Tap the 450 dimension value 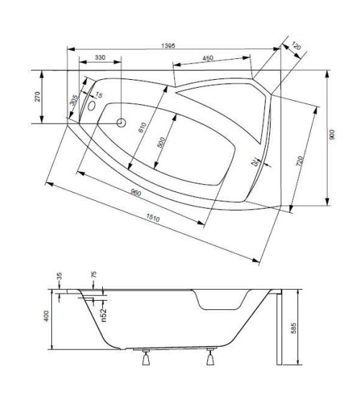pos(207,59)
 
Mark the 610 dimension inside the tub pos(142,127)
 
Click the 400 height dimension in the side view pos(47,316)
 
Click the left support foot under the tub pos(147,358)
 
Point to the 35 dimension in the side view pos(59,275)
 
